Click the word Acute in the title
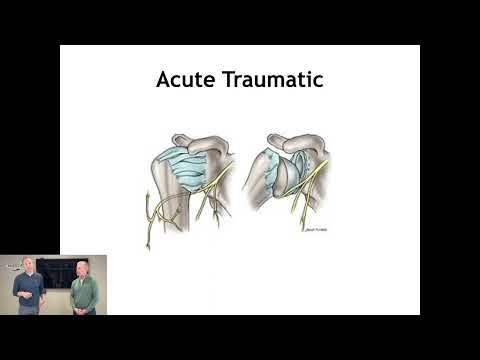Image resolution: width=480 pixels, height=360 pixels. coord(186,80)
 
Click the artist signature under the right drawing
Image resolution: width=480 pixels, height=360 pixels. coord(315,229)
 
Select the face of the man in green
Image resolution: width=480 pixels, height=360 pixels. coord(81,269)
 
